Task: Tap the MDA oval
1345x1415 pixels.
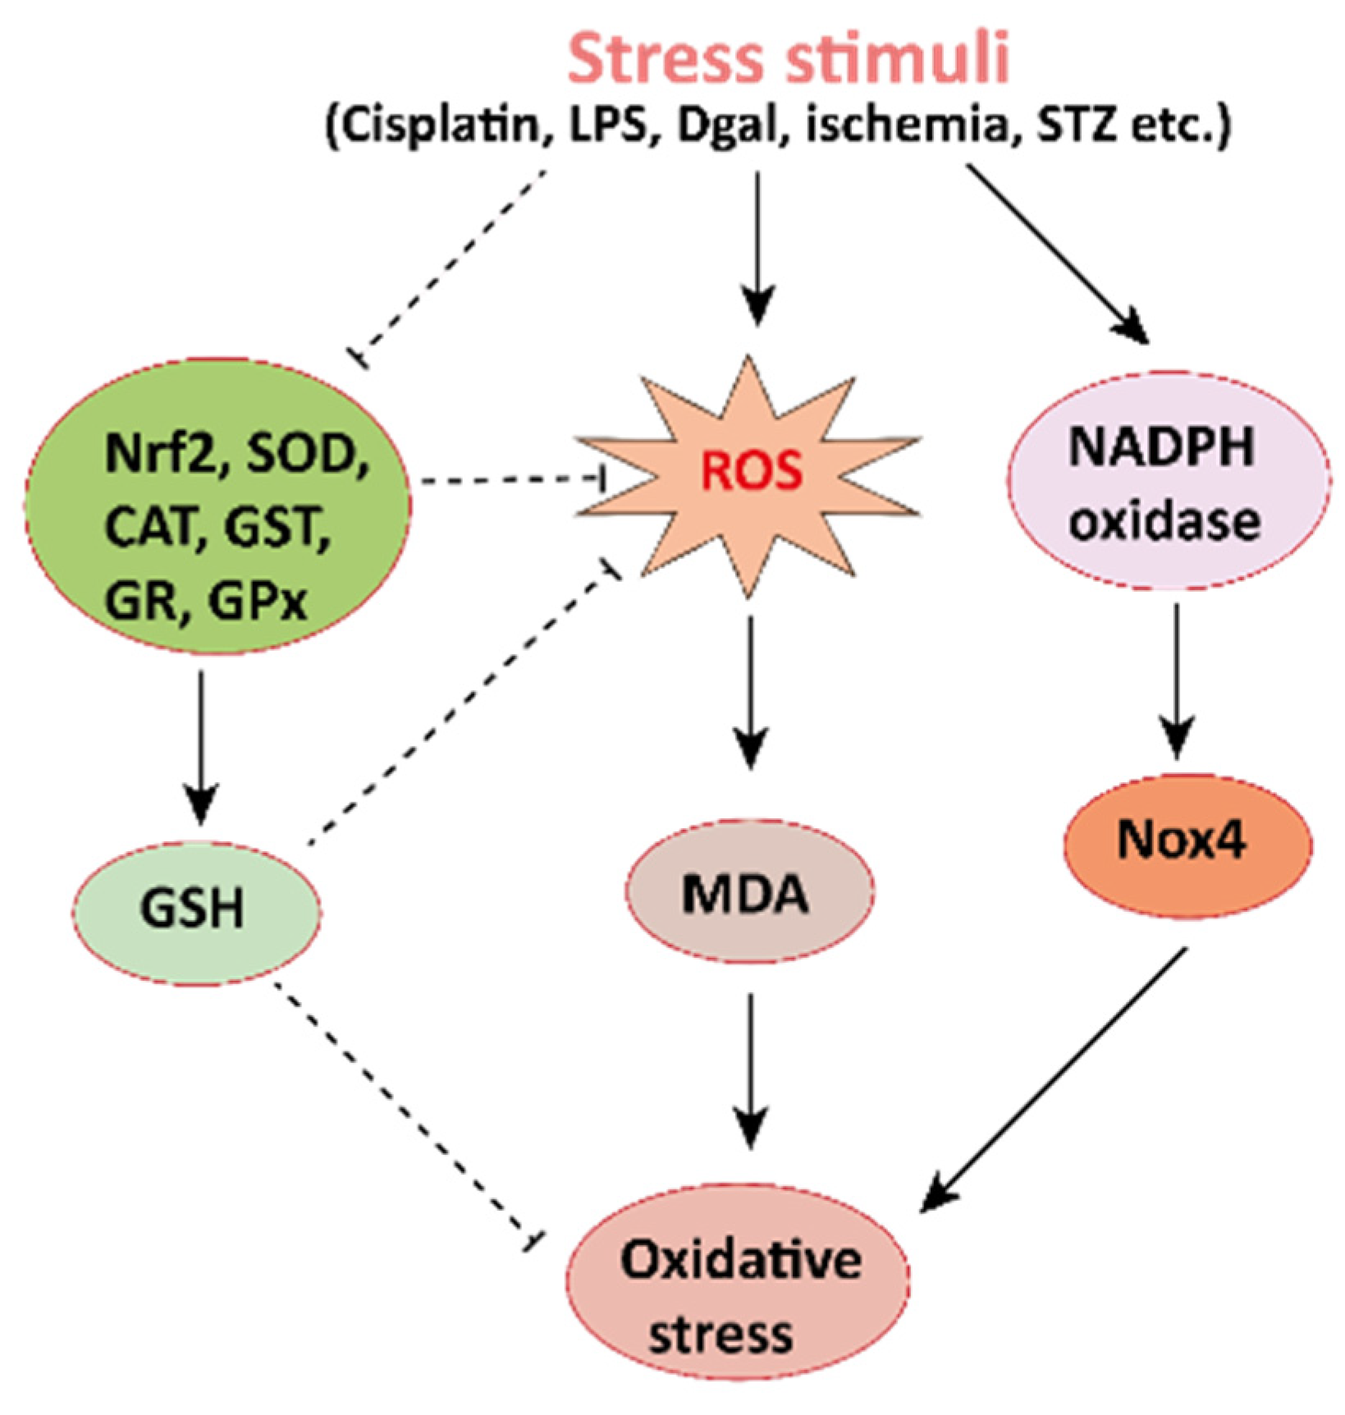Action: [x=748, y=892]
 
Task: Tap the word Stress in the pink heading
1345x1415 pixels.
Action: [x=665, y=59]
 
